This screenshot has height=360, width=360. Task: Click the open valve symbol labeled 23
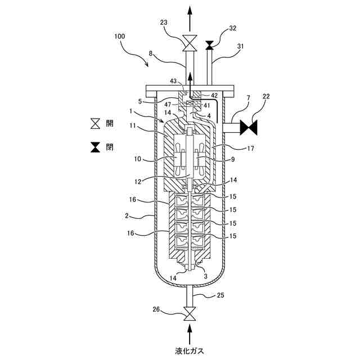point(190,42)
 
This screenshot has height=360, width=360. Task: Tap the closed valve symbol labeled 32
point(209,44)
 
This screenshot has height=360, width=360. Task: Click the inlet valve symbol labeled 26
point(190,312)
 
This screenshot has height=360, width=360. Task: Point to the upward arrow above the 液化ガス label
point(190,332)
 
